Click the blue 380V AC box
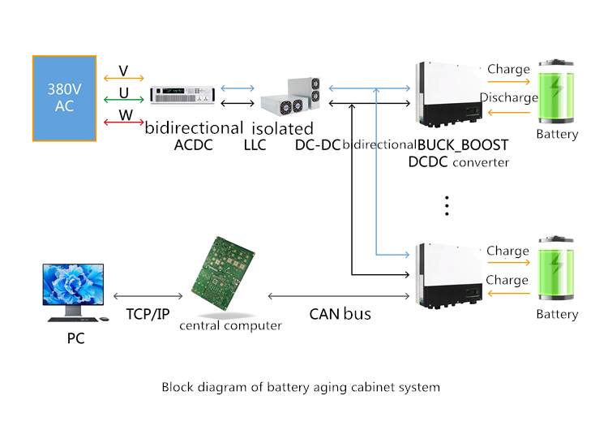64,98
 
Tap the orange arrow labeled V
124,79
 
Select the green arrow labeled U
124,100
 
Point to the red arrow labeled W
124,123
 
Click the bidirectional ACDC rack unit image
182,95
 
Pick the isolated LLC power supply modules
291,97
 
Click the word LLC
255,145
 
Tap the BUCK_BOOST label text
463,145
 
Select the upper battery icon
556,92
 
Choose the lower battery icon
556,268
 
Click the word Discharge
509,97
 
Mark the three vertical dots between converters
447,206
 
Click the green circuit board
223,273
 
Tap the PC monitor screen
73,284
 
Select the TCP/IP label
148,314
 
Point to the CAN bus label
340,314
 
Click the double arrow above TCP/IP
148,296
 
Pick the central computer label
231,325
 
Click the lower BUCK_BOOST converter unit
449,276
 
